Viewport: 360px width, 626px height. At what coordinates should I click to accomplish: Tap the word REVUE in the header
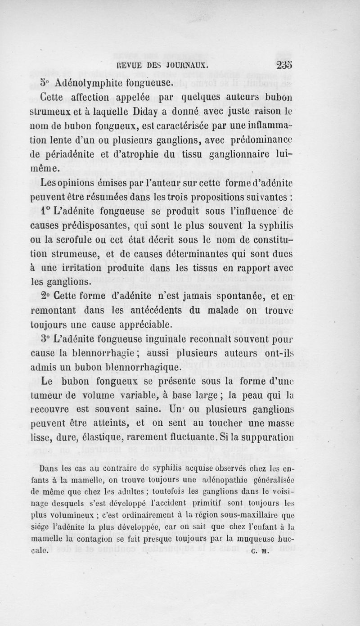pos(130,64)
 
